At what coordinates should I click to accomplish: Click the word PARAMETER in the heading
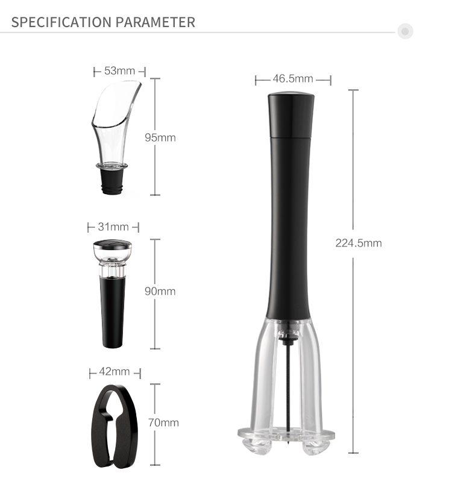[155, 22]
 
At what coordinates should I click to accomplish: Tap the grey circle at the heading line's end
[405, 31]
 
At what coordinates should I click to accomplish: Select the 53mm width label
[120, 71]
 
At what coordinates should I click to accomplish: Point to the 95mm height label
[160, 137]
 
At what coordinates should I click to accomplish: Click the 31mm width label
[113, 227]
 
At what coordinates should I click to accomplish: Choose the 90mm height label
[160, 291]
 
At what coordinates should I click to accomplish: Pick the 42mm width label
[115, 371]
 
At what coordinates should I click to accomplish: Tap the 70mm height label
[163, 422]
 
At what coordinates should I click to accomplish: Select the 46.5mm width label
[293, 78]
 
